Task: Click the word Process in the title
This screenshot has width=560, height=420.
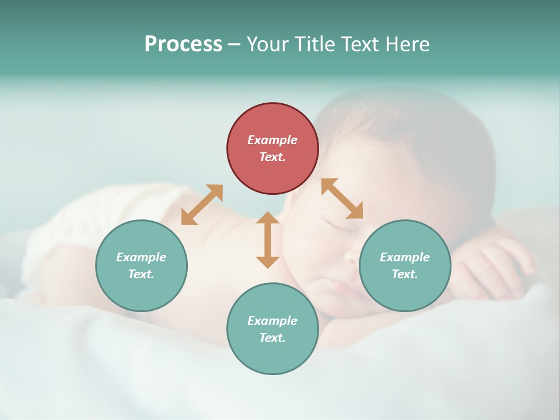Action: [183, 44]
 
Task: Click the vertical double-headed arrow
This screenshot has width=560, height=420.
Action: [268, 240]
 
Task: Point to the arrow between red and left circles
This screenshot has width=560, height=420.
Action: [202, 205]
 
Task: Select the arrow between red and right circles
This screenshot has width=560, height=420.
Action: [342, 198]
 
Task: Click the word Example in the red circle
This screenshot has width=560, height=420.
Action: [272, 140]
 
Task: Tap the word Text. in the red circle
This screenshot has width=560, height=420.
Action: [272, 157]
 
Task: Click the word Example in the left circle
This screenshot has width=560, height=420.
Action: [141, 257]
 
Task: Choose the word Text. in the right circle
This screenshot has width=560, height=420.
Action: [405, 274]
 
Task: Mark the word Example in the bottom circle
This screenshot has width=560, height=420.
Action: [272, 321]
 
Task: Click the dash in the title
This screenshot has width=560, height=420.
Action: [234, 44]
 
